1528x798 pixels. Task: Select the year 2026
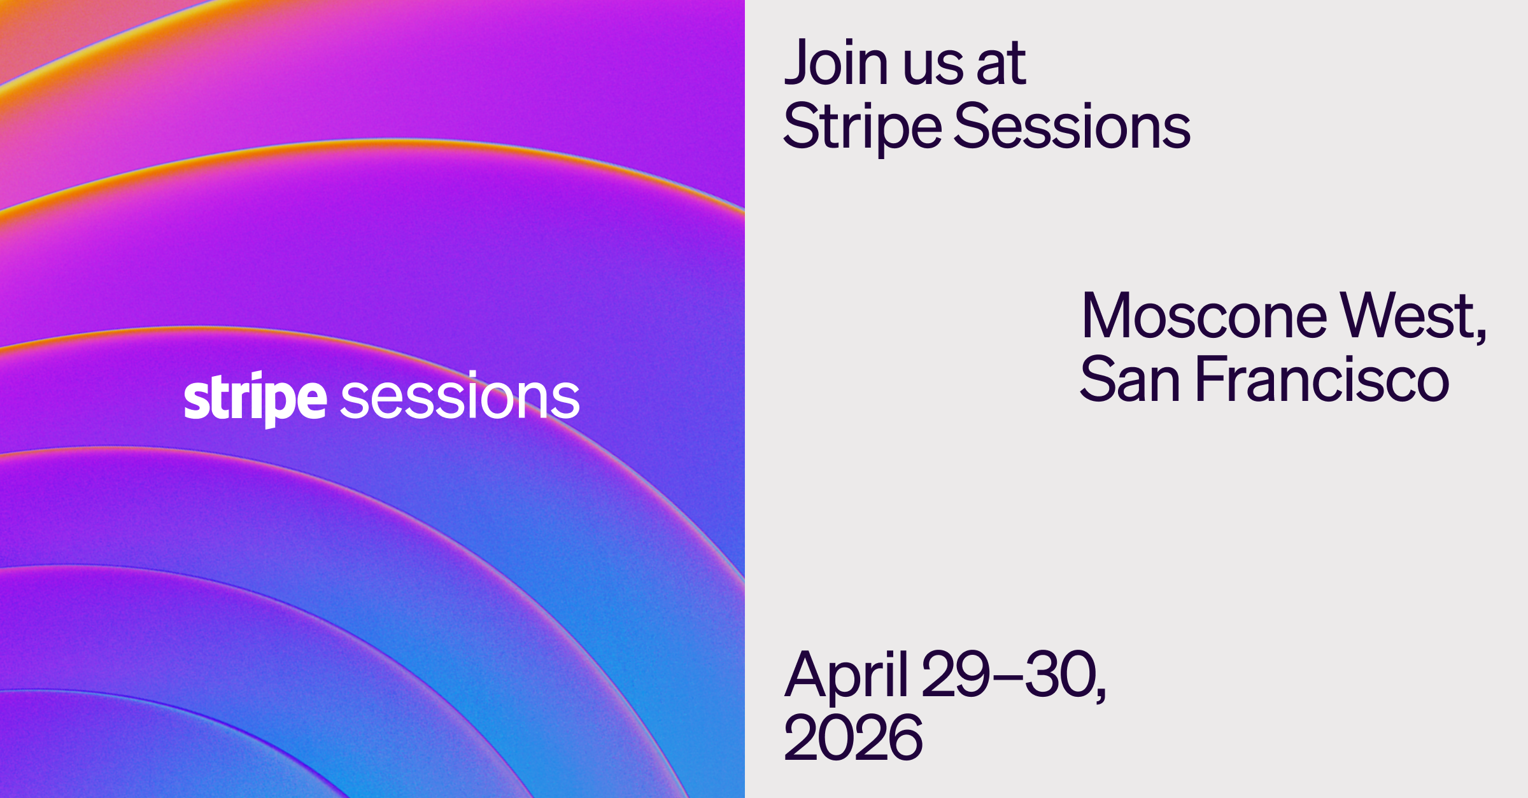(x=853, y=738)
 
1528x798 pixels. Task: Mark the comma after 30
(x=1101, y=694)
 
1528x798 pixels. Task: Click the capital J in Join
(x=797, y=62)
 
